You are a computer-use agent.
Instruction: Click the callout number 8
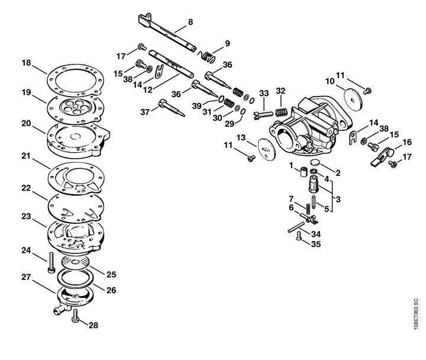(x=191, y=22)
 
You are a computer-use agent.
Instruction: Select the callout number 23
(x=27, y=217)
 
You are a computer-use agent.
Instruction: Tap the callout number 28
(x=93, y=325)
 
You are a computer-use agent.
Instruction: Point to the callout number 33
(x=264, y=94)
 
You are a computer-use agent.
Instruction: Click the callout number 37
(x=145, y=112)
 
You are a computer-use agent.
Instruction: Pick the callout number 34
(x=316, y=234)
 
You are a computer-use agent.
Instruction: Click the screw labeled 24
(x=51, y=262)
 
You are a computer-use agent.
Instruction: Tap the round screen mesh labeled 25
(x=75, y=262)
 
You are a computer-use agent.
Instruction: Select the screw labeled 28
(x=75, y=316)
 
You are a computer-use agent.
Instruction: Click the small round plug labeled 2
(x=315, y=162)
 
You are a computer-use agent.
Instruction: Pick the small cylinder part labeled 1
(x=304, y=172)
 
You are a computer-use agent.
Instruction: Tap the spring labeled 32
(x=282, y=112)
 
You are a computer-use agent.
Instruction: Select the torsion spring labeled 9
(x=206, y=56)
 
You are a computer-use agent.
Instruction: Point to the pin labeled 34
(x=296, y=227)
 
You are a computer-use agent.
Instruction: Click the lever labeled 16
(x=383, y=156)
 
